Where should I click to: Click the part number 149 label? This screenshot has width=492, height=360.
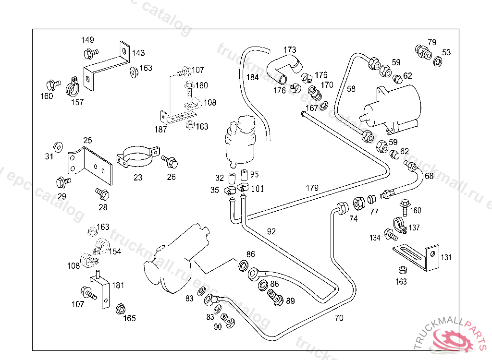point(87,40)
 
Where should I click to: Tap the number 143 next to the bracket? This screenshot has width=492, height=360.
point(138,53)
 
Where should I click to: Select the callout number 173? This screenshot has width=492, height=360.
point(290,50)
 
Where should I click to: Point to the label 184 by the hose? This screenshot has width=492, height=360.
point(253,77)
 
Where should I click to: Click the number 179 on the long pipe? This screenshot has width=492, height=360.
point(312,188)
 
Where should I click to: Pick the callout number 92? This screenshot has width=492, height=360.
point(271,231)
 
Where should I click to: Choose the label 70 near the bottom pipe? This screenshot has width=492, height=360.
point(339,318)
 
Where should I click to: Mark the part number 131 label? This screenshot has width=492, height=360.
point(446,258)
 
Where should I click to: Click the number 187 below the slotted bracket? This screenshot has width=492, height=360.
point(160,129)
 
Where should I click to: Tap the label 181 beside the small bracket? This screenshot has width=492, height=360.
point(118,285)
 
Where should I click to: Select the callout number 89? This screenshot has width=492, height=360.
point(290,301)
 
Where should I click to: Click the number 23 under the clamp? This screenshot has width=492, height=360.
point(138,177)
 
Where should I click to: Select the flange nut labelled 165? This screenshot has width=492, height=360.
point(121,308)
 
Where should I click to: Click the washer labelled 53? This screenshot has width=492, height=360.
point(438,62)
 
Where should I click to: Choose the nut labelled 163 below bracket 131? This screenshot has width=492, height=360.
point(401,271)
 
